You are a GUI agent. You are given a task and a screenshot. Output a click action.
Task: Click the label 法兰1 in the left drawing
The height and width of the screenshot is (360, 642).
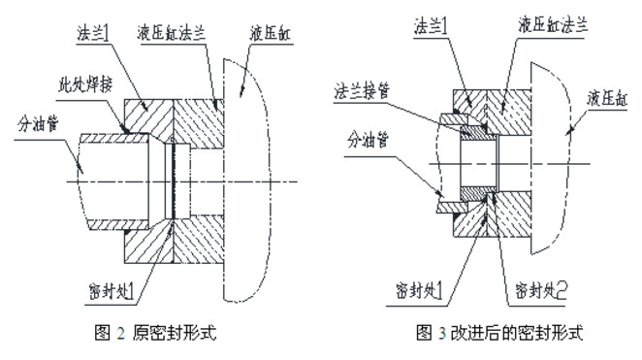(x=92, y=34)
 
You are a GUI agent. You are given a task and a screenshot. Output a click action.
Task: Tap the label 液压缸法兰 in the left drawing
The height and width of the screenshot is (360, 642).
(x=171, y=34)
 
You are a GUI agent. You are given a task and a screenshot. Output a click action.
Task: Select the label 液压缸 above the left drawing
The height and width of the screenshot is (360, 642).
(x=270, y=34)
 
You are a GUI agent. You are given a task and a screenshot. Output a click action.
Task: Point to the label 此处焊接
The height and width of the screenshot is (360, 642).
(x=84, y=85)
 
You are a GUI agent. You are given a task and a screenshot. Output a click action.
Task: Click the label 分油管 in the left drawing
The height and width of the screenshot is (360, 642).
(x=38, y=123)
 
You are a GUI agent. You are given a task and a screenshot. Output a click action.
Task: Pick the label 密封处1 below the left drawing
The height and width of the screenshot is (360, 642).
(x=112, y=291)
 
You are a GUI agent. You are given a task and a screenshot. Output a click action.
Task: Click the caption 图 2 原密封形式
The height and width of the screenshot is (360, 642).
(x=155, y=332)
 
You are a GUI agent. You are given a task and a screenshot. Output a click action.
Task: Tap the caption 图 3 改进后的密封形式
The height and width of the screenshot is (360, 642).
(x=499, y=332)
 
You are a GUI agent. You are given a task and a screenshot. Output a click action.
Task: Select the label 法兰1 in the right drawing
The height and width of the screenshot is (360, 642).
(x=431, y=26)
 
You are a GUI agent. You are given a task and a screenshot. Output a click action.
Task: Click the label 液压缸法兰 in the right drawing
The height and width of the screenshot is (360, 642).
(x=553, y=25)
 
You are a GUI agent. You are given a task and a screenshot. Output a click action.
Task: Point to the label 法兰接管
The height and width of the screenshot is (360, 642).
(x=362, y=91)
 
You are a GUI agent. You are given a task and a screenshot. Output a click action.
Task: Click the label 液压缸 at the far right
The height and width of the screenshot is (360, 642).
(x=607, y=99)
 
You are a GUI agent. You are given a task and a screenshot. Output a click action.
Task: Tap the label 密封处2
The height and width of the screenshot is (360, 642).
(x=541, y=291)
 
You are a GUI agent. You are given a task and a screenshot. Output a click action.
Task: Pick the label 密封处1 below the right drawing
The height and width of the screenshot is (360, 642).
(x=419, y=291)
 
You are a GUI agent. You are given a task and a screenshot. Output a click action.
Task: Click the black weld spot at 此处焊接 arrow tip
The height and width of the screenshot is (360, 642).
(x=126, y=130)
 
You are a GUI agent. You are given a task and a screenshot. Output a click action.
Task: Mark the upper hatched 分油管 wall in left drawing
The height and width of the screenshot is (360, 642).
(x=113, y=138)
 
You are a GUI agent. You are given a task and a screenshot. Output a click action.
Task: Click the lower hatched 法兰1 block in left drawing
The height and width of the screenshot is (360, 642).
(x=148, y=243)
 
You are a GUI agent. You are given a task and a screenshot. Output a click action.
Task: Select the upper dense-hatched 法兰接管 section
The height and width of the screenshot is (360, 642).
(x=478, y=133)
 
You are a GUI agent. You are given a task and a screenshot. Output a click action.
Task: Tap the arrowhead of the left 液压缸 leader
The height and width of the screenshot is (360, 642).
(x=241, y=93)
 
